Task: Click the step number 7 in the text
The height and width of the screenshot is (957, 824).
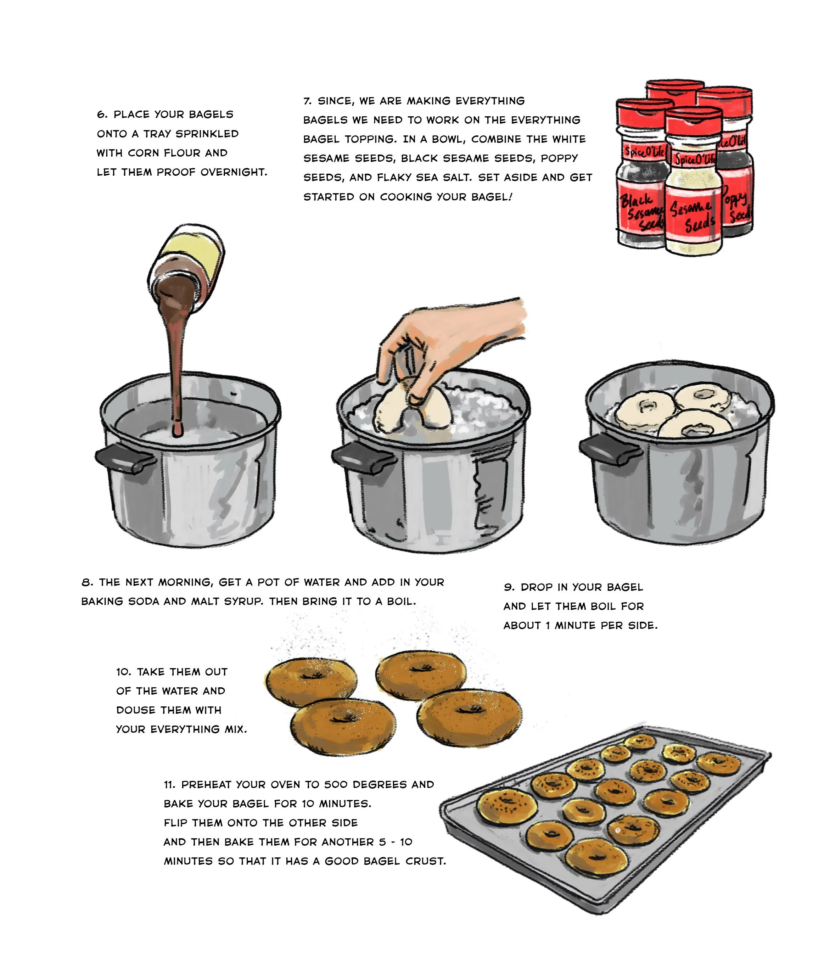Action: coord(307,101)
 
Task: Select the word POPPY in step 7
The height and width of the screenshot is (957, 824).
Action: coord(559,158)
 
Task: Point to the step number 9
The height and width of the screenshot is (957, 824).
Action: coord(509,588)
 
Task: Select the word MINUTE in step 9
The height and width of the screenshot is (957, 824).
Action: coord(576,626)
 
